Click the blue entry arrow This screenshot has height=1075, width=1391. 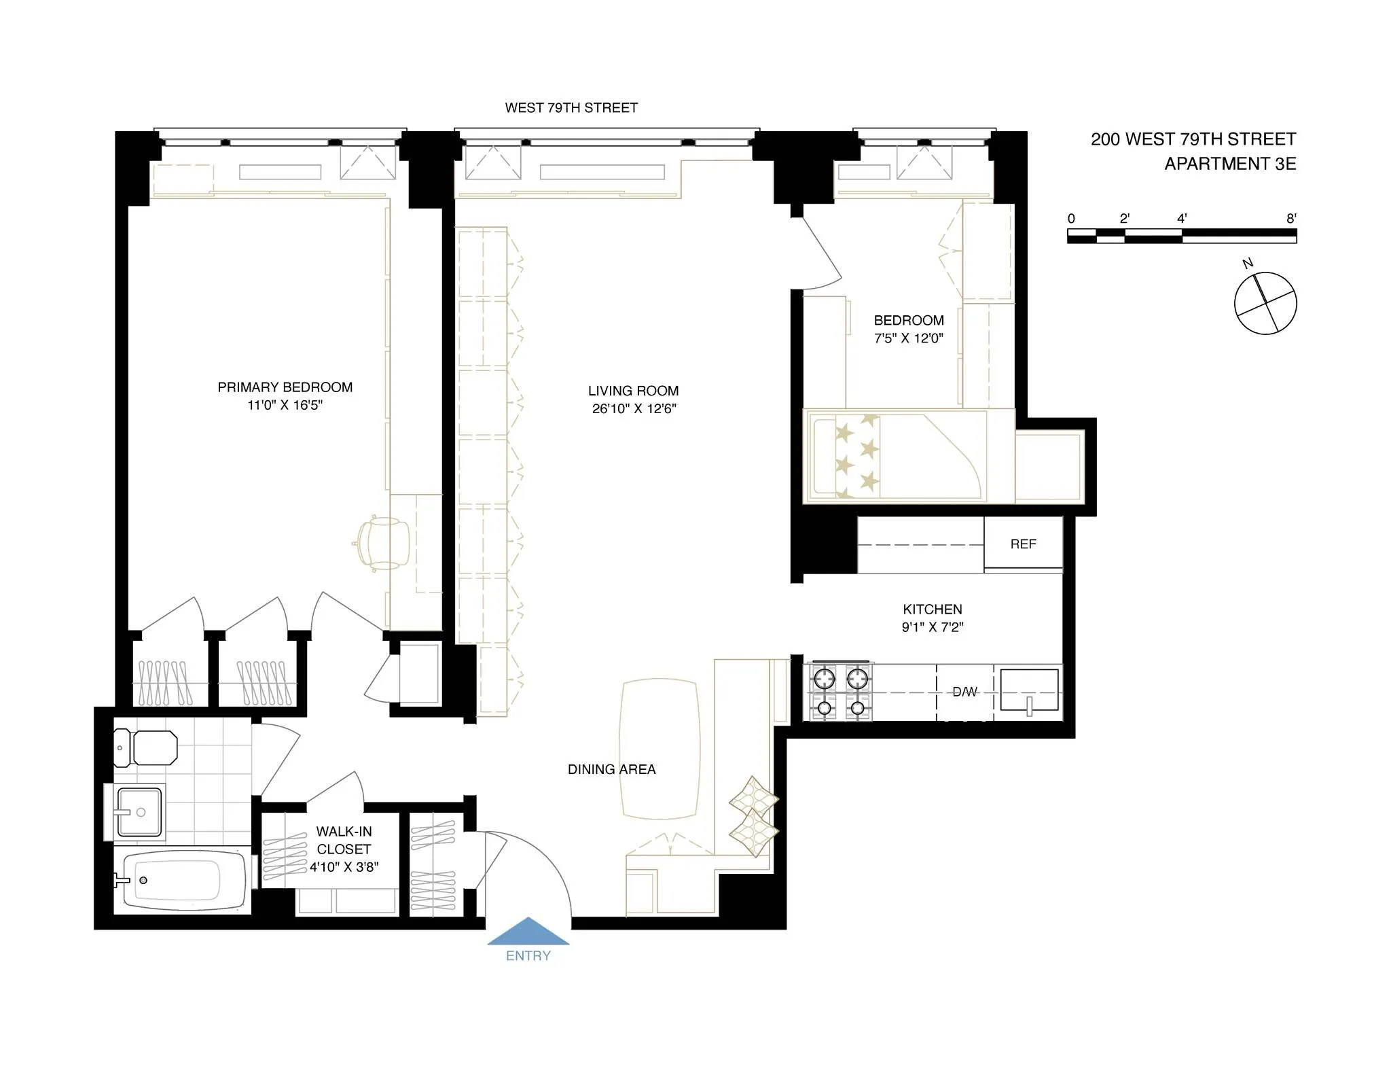(x=528, y=932)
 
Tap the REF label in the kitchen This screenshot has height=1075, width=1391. (x=1023, y=544)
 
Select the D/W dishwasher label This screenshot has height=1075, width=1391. (x=964, y=692)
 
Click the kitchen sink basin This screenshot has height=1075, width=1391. (x=1030, y=690)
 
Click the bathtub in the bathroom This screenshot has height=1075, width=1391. (x=178, y=880)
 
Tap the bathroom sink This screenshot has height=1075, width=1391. (x=140, y=812)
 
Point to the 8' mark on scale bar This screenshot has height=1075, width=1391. (x=1291, y=219)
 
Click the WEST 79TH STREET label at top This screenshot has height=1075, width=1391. (x=571, y=108)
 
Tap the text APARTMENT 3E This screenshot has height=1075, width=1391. (x=1230, y=164)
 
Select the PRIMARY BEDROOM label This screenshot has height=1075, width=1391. (x=285, y=387)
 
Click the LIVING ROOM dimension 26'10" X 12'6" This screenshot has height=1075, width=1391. (x=634, y=409)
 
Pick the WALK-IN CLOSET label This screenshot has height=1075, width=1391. (x=344, y=840)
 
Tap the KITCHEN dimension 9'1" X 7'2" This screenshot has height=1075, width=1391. (x=932, y=627)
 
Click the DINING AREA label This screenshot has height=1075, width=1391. (x=611, y=770)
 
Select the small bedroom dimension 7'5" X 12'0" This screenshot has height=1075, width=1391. (x=909, y=338)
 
